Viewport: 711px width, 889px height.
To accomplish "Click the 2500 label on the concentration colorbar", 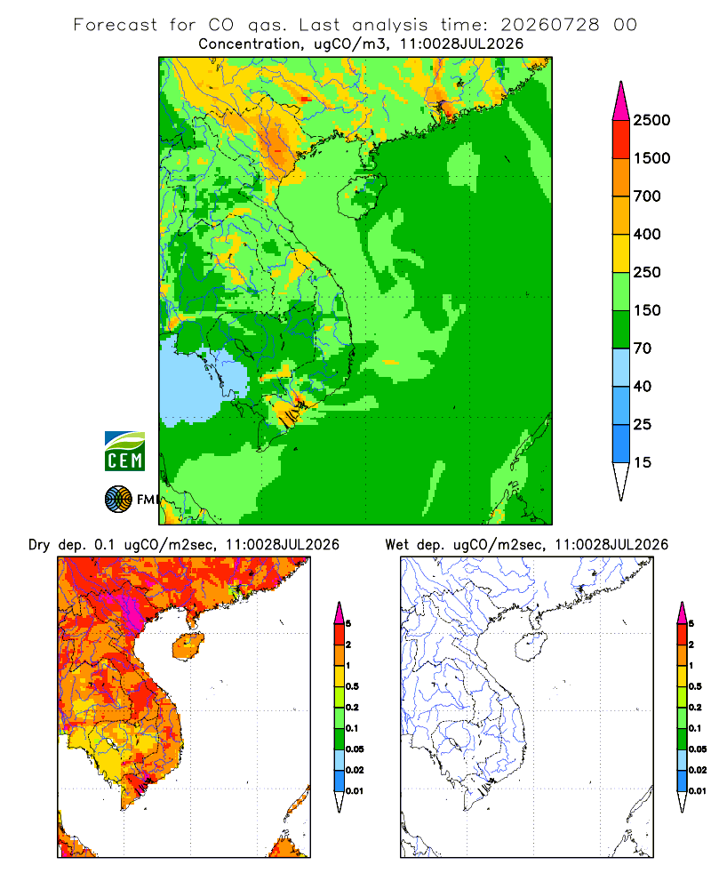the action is click(x=651, y=120).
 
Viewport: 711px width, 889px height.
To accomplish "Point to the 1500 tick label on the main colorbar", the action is click(x=651, y=158).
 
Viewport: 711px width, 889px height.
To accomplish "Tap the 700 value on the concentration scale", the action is click(x=647, y=196).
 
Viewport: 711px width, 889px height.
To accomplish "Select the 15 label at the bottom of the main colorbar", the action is click(x=643, y=462).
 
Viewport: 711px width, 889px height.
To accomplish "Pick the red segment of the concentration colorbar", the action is click(x=621, y=140).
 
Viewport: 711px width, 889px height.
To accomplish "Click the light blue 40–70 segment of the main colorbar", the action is click(x=621, y=367).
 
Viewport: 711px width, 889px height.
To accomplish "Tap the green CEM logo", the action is click(x=124, y=451).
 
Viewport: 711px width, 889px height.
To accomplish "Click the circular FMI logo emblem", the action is click(x=118, y=500).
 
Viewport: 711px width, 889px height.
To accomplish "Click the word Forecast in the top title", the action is click(x=116, y=25).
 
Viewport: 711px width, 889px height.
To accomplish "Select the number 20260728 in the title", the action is click(x=549, y=25).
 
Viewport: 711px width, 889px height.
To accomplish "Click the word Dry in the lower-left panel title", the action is click(x=39, y=545).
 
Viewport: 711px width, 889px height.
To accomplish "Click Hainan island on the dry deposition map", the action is click(x=188, y=646).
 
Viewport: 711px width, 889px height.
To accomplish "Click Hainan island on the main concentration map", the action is click(x=362, y=196).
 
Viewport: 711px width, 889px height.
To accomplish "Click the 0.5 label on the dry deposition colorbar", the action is click(x=352, y=686).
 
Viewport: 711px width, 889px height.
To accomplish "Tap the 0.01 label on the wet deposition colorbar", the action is click(x=698, y=791).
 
